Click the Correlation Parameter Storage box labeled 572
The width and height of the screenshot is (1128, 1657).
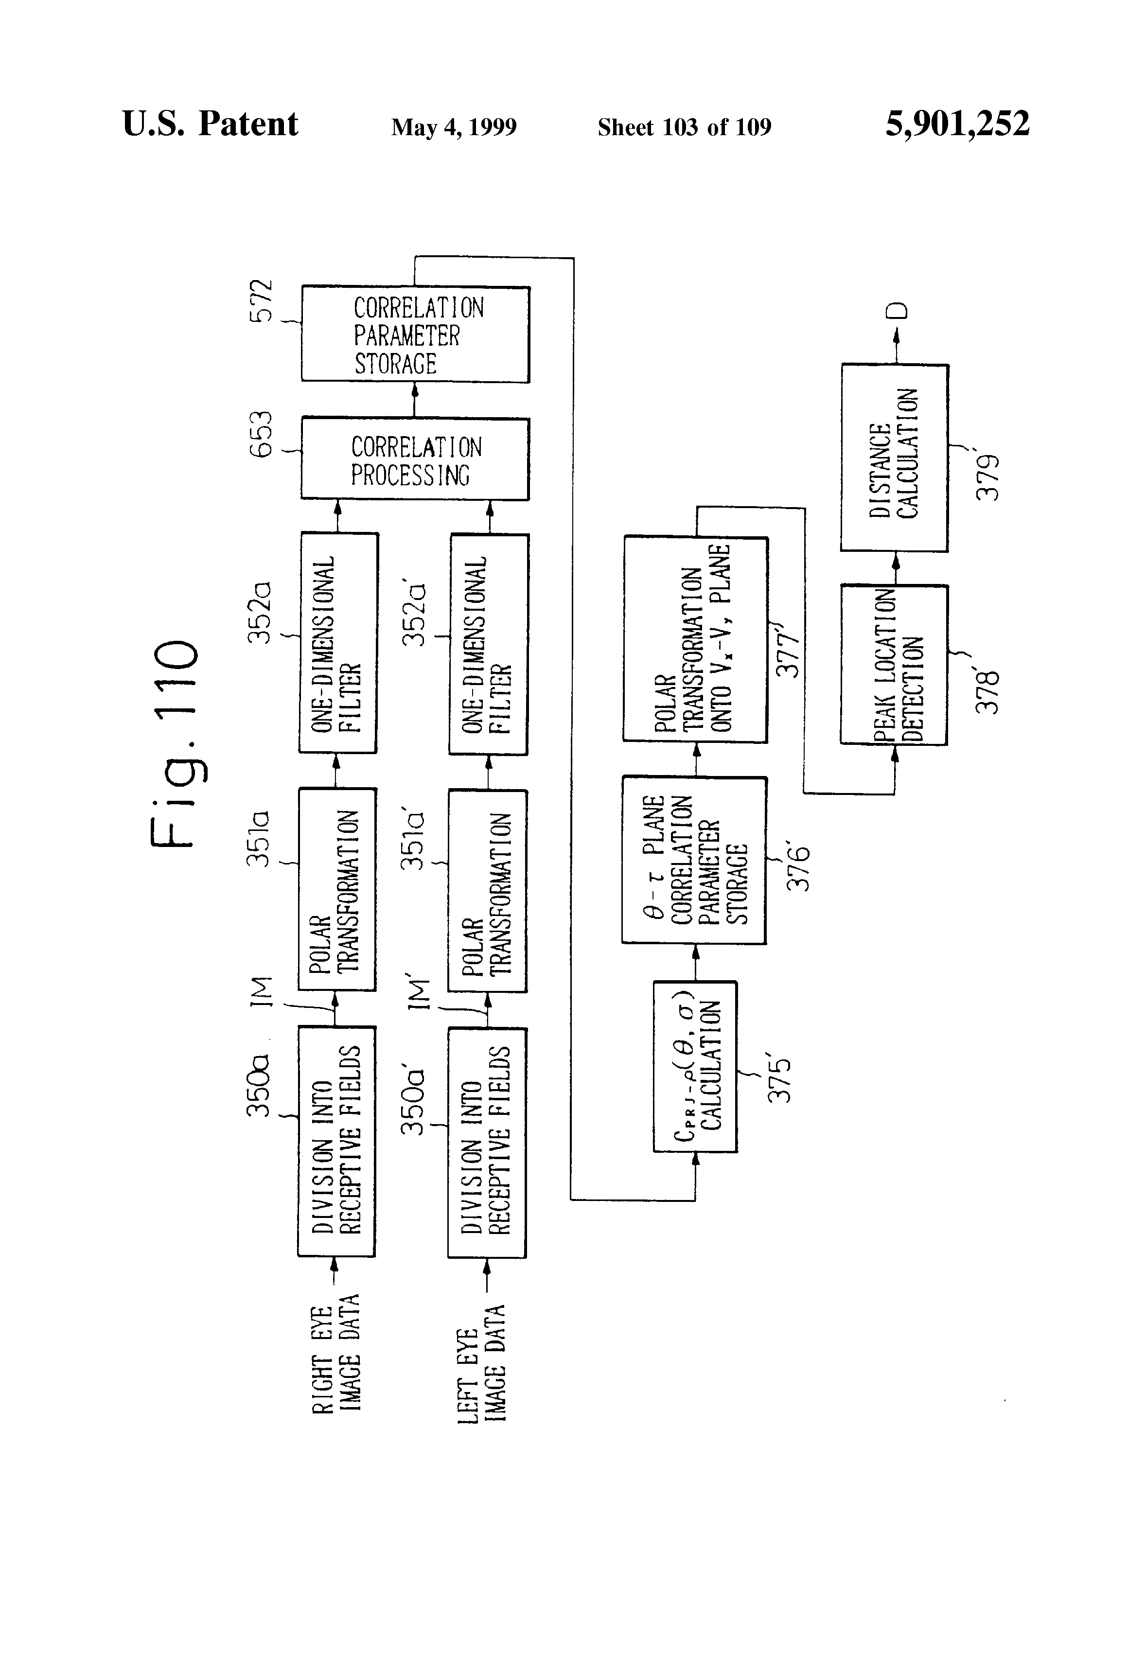click(x=415, y=335)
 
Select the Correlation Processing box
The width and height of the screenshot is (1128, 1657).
click(x=415, y=459)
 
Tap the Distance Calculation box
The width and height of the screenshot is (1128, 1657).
click(x=894, y=458)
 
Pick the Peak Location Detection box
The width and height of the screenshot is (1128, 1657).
click(x=894, y=665)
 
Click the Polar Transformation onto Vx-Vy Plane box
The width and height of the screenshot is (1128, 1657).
click(x=695, y=639)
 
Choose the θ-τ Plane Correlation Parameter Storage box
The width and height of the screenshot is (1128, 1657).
click(x=694, y=861)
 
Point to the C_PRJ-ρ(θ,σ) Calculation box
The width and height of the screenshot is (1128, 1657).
click(x=695, y=1067)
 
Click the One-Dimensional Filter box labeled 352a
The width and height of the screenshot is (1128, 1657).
click(x=338, y=643)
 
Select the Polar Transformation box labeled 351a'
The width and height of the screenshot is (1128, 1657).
click(x=488, y=891)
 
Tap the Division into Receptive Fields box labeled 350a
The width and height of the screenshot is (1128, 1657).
click(x=336, y=1141)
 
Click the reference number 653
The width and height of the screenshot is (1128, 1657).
click(x=262, y=434)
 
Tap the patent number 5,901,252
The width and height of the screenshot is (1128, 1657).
click(x=957, y=124)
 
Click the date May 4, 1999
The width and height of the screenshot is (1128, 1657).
click(x=454, y=127)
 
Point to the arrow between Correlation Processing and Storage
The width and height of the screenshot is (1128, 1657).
click(x=415, y=400)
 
